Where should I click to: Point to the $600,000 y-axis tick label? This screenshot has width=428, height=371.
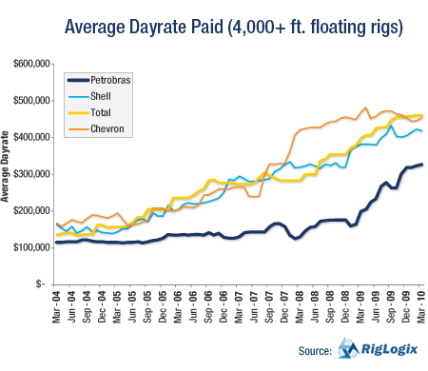(28, 64)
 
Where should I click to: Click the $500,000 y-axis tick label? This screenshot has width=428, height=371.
(28, 101)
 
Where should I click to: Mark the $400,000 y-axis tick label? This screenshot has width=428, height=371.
(28, 137)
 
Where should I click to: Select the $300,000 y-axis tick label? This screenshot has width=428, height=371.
(28, 174)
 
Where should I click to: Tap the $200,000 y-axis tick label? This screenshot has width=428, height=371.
(28, 210)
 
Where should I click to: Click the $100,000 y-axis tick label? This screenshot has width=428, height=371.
(28, 247)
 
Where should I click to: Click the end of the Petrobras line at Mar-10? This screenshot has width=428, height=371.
(422, 165)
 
